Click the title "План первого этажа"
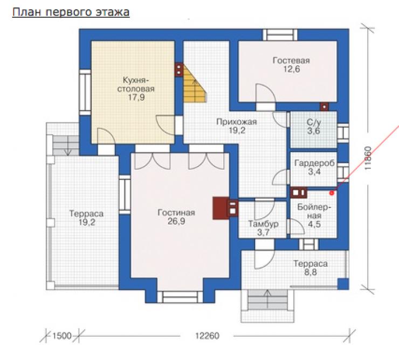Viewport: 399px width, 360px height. [x=71, y=12]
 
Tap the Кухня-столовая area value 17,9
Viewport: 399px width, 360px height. [x=136, y=97]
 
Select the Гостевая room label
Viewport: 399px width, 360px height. [x=291, y=60]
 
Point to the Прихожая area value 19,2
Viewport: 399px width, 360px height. [x=237, y=130]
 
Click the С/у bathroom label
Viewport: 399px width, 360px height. [x=314, y=122]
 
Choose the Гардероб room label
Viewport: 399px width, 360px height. [x=314, y=163]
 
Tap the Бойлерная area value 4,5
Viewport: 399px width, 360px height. [x=314, y=224]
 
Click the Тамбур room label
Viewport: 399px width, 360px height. [x=263, y=224]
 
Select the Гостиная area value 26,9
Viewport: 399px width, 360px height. [x=176, y=221]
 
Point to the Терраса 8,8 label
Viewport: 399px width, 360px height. [x=311, y=268]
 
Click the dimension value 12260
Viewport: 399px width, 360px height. [x=207, y=336]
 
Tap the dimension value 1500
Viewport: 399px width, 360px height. [x=62, y=336]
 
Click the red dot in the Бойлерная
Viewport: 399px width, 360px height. [x=331, y=193]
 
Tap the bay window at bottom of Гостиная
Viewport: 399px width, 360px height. [x=180, y=296]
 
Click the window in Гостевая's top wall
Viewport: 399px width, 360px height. [x=280, y=35]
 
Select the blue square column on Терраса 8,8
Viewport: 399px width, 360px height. [x=343, y=284]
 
